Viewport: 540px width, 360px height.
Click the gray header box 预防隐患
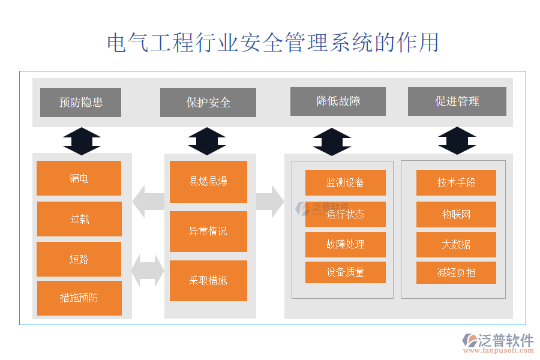click(x=80, y=103)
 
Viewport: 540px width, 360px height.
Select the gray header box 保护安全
click(x=208, y=103)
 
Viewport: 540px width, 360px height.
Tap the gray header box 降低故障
click(x=338, y=101)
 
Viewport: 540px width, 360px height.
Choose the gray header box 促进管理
click(x=457, y=101)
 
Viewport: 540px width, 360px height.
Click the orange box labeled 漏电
click(x=79, y=178)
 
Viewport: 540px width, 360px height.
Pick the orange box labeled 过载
click(x=79, y=219)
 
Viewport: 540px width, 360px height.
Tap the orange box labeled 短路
click(x=79, y=259)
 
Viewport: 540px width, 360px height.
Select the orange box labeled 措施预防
click(x=79, y=298)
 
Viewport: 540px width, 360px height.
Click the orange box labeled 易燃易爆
click(x=208, y=182)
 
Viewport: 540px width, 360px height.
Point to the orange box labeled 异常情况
click(x=208, y=232)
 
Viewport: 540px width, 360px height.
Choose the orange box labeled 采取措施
click(x=208, y=281)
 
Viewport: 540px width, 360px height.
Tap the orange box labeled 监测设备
click(x=345, y=182)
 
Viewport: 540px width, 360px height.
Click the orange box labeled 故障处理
click(x=345, y=245)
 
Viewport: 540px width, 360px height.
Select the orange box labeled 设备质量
click(x=345, y=272)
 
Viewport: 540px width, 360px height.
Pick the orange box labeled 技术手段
click(x=456, y=182)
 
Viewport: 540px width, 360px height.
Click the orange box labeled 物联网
click(x=456, y=214)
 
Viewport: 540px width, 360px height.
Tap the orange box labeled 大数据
click(x=456, y=245)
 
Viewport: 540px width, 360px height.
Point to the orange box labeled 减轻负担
click(x=456, y=272)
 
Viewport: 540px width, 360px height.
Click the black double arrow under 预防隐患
click(x=82, y=142)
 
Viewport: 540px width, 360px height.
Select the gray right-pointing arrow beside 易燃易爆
click(x=270, y=202)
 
